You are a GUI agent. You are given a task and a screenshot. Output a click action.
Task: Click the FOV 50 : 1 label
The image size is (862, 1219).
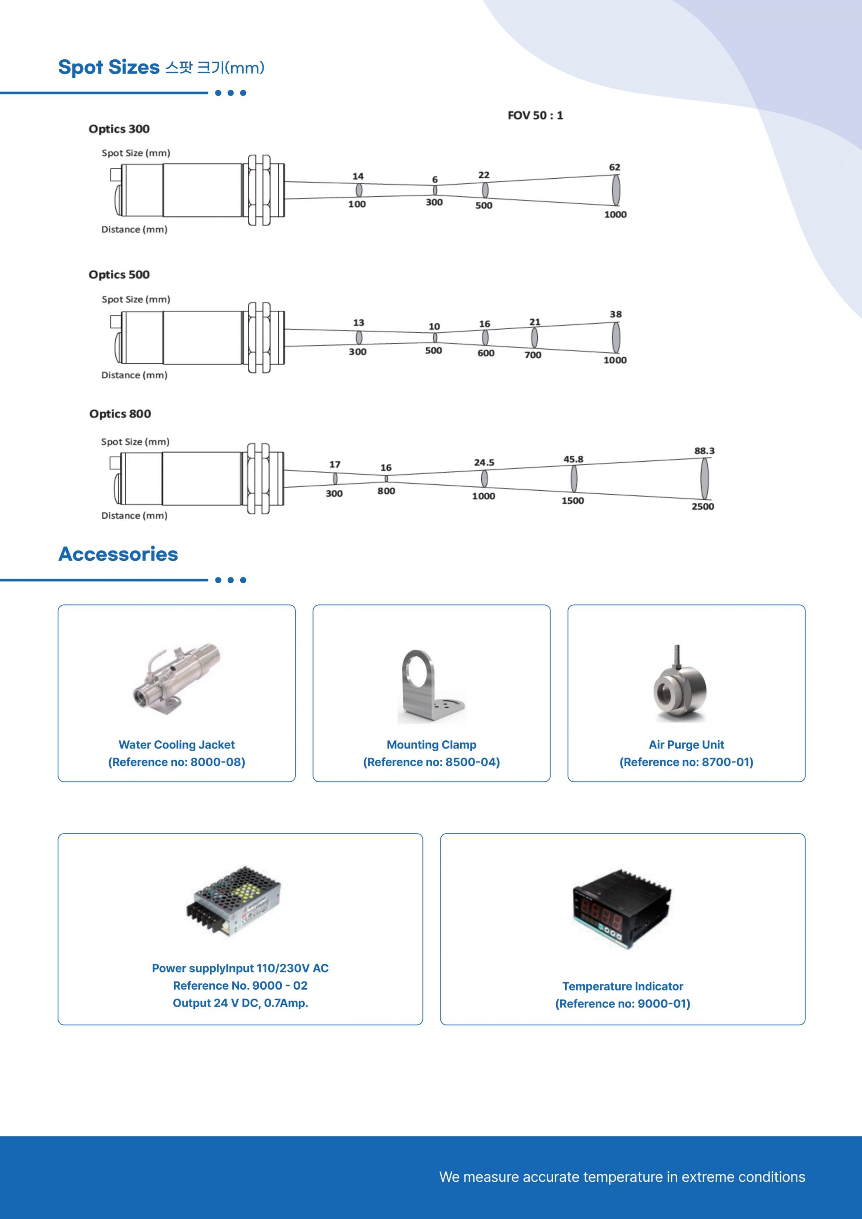point(535,115)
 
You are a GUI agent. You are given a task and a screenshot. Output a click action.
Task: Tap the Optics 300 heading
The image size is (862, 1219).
point(119,129)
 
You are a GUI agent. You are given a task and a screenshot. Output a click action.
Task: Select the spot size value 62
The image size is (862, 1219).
point(615,167)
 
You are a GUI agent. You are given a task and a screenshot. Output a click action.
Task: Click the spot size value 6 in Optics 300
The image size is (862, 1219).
point(435,180)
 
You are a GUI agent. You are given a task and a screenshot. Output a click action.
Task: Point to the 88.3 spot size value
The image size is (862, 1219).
point(704,451)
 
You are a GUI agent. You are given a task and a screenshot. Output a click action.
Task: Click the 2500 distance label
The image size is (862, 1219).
point(703,506)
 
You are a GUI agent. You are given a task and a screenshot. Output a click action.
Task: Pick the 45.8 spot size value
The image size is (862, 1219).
point(573,459)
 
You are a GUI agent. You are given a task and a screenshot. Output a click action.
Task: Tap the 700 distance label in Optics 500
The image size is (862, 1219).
point(533,355)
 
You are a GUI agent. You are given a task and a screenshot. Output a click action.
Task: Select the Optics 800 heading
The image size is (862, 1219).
point(120,414)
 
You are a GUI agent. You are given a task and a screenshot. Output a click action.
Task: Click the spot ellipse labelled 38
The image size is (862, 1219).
point(616,337)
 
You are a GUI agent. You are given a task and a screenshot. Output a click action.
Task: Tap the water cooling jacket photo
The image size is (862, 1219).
point(176,680)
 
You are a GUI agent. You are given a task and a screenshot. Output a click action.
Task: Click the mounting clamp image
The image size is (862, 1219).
point(431,686)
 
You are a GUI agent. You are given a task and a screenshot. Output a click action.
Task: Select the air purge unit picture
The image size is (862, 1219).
point(680,683)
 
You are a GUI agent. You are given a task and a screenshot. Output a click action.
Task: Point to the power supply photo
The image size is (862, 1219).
point(233,902)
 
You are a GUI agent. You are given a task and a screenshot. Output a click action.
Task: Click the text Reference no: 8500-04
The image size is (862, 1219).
point(431,762)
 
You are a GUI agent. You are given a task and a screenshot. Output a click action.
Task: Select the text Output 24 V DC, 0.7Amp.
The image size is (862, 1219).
point(241,1003)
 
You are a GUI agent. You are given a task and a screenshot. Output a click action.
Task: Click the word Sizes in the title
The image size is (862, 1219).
point(134,67)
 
